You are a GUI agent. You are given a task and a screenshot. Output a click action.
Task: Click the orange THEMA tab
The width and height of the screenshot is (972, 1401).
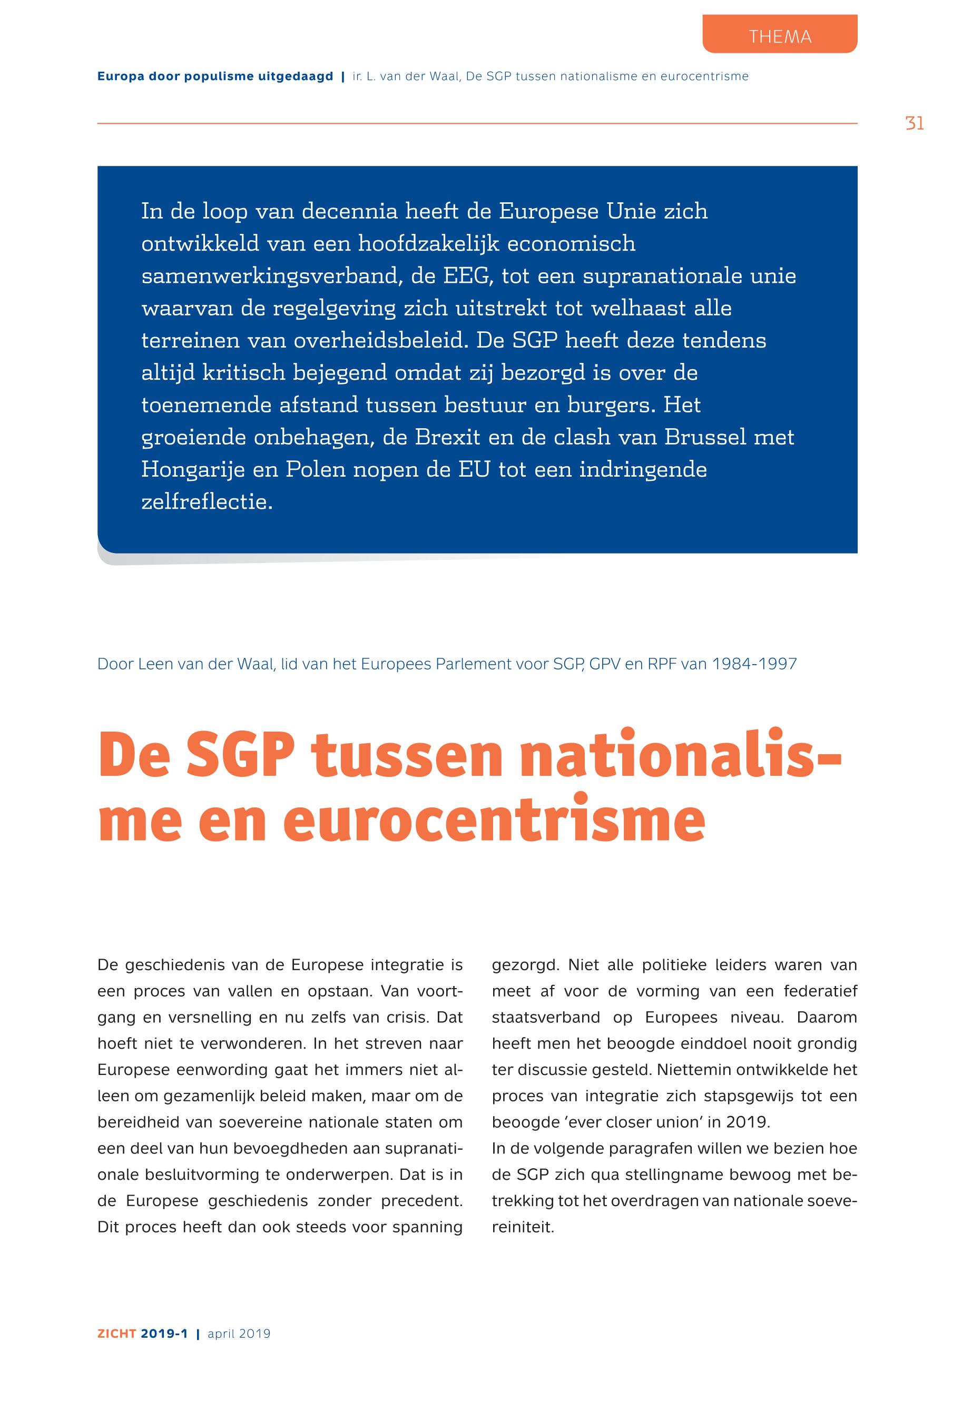coord(780,36)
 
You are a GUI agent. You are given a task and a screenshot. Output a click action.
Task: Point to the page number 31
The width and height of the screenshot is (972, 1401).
coord(914,124)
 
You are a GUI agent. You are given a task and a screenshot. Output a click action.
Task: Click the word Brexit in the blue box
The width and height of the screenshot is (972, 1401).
coord(448,437)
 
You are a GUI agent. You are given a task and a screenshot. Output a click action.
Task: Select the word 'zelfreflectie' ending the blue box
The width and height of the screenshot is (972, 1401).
coord(207,502)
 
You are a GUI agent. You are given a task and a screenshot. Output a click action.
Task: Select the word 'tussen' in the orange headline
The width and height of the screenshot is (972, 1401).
coord(407,756)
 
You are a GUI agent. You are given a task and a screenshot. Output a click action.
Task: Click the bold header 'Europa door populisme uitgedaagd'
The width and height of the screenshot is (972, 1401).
coord(215,77)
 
